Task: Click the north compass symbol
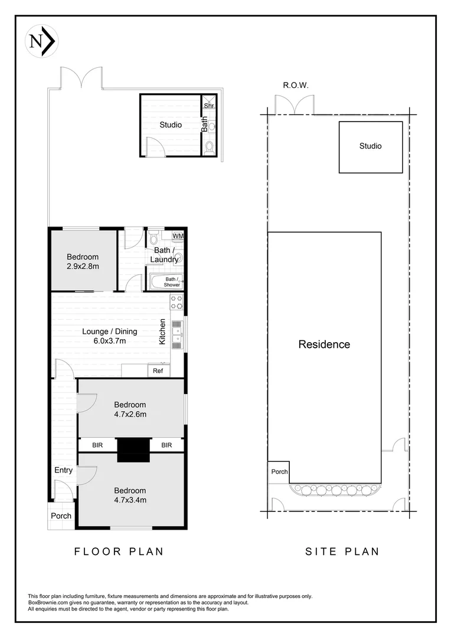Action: click(41, 41)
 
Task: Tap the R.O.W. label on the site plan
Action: click(296, 86)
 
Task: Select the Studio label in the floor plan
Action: click(171, 125)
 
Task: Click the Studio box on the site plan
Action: click(370, 146)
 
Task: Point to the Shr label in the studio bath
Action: click(209, 106)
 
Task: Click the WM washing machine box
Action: click(178, 237)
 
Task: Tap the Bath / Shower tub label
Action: click(172, 282)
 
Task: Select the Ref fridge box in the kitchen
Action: click(158, 371)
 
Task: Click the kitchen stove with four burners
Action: click(177, 303)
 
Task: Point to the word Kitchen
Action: click(162, 332)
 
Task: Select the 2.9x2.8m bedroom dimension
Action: click(83, 267)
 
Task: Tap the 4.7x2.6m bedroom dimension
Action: click(130, 414)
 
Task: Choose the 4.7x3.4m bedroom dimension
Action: click(130, 500)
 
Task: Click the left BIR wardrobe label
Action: click(97, 445)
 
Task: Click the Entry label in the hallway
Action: click(63, 470)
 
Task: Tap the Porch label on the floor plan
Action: click(61, 515)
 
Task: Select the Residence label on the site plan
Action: click(324, 344)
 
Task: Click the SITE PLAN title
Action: click(342, 552)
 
